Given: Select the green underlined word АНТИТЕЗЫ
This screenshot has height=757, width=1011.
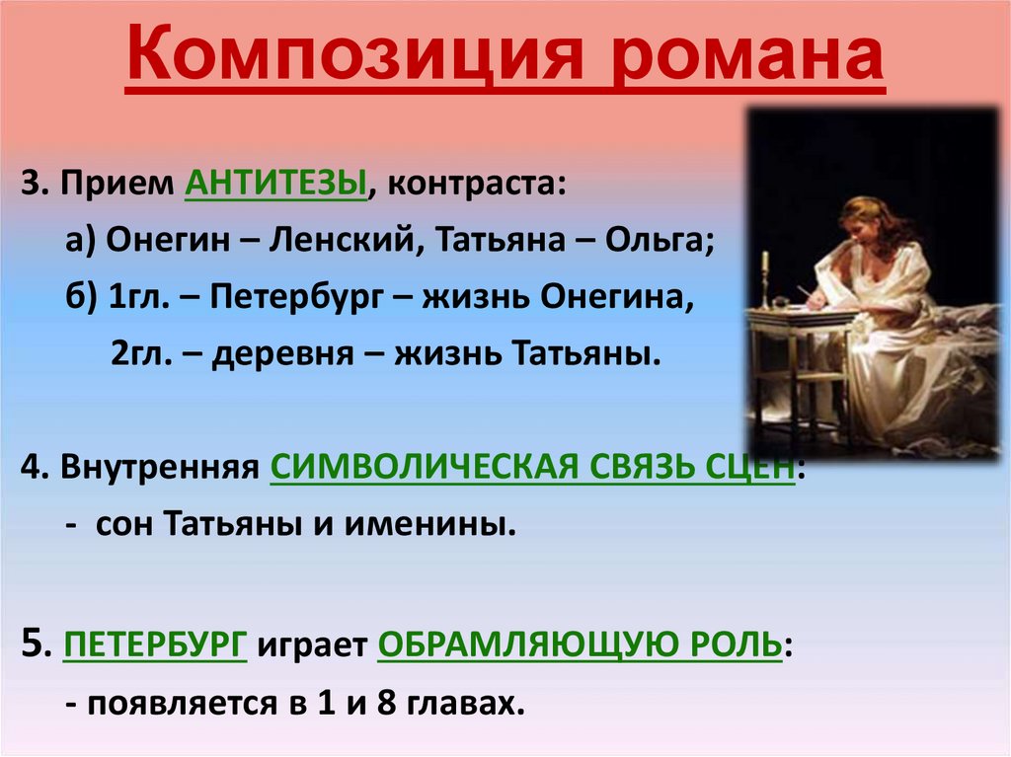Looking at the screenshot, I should click(x=275, y=185).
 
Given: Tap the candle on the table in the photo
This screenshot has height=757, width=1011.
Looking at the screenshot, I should click(x=764, y=266).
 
